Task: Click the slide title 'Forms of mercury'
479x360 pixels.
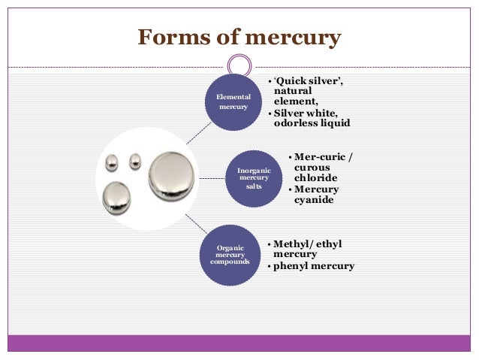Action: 239,37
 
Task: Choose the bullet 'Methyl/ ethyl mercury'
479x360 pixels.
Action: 307,250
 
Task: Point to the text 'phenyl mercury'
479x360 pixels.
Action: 313,266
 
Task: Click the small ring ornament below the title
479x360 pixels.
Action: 239,65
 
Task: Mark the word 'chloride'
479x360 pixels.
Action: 315,178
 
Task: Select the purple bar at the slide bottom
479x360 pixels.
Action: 239,343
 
